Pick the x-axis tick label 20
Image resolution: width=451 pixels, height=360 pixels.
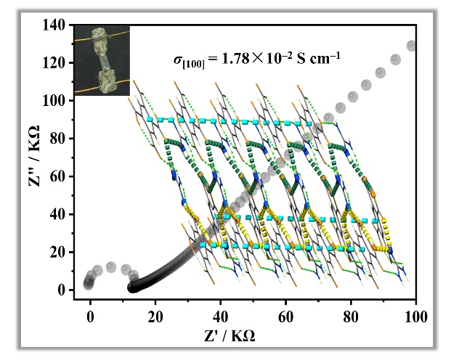(x=155, y=317)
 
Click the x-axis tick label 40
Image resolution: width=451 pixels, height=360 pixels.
(x=221, y=317)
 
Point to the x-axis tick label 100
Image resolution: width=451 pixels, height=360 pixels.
(x=415, y=317)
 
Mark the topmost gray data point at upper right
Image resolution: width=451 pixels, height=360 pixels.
(x=413, y=46)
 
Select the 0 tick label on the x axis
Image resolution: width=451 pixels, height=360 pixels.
(x=90, y=317)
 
